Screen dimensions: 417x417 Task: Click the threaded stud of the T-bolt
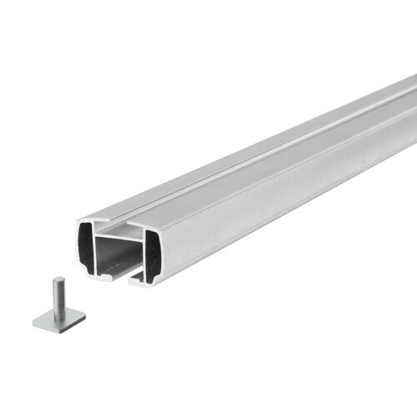58,296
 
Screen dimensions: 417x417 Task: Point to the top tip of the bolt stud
58,279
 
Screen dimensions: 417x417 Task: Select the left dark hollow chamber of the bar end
89,248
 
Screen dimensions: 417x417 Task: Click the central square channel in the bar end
118,254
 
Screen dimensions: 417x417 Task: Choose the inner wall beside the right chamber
143,253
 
